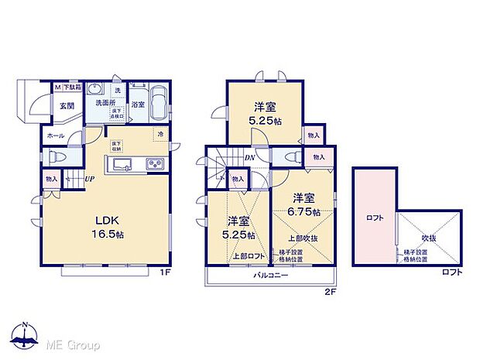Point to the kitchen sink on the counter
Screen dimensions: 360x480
(x=125, y=165)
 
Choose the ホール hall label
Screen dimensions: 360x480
(x=55, y=135)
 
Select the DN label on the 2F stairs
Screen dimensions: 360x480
(x=249, y=159)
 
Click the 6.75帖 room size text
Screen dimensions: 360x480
(x=303, y=209)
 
